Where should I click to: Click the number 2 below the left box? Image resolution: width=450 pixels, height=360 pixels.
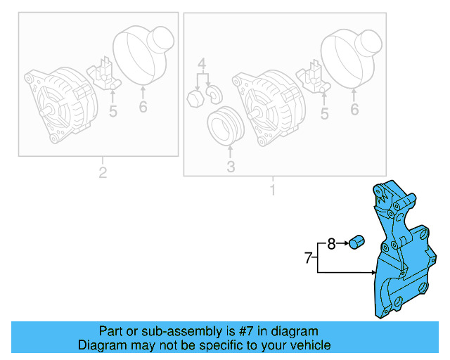(x=103, y=172)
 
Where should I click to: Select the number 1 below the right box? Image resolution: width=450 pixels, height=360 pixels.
(x=273, y=190)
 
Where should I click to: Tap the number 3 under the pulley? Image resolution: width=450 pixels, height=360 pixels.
(x=230, y=167)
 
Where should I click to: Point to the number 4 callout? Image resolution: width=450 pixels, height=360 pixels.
(x=202, y=67)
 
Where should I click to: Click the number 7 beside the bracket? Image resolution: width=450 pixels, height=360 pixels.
(x=307, y=258)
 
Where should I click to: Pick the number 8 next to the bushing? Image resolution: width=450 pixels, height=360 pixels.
(x=332, y=244)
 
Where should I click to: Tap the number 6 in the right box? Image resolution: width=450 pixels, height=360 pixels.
(x=354, y=109)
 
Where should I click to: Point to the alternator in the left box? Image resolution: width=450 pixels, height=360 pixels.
(x=60, y=102)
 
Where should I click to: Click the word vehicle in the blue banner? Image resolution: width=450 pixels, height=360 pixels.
(x=306, y=345)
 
